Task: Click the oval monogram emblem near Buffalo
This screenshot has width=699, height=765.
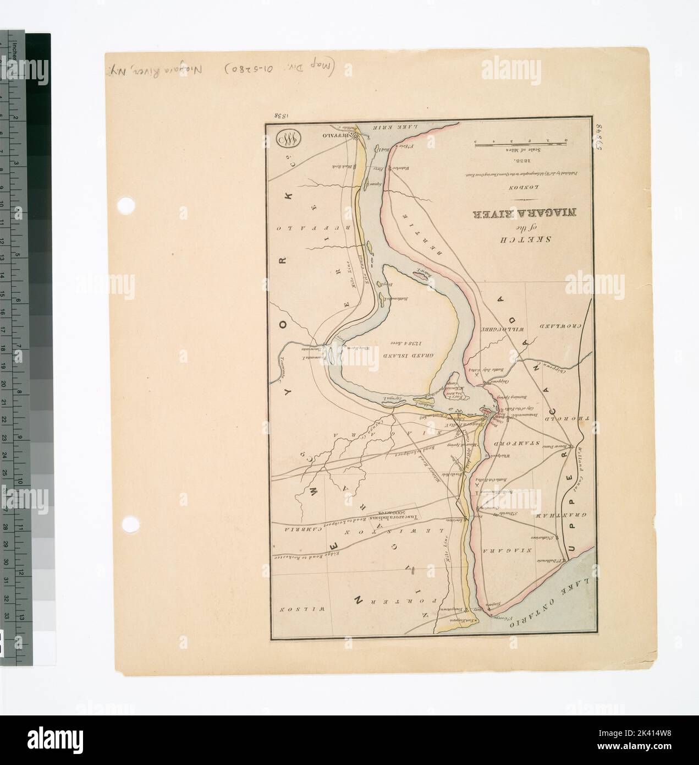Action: coord(289,139)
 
